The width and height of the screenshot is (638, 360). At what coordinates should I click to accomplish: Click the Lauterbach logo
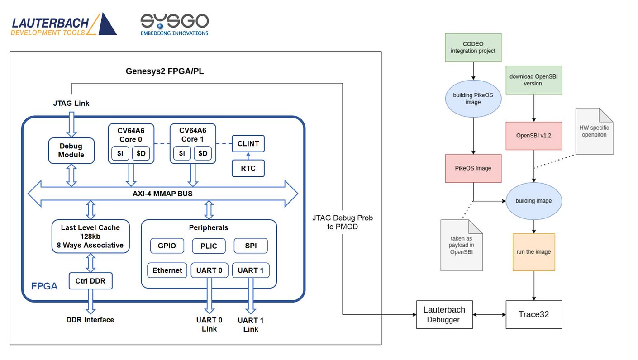click(x=63, y=24)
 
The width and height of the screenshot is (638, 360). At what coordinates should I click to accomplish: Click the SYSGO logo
click(x=174, y=24)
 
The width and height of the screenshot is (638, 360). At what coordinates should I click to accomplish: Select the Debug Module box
click(x=71, y=151)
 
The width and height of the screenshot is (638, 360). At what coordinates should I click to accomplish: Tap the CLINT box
click(x=248, y=144)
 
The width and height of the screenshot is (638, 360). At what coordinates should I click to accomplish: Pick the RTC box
click(x=248, y=168)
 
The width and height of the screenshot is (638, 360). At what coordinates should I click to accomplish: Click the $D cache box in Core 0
click(x=141, y=154)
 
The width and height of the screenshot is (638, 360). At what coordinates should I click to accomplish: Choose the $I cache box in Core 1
click(x=181, y=154)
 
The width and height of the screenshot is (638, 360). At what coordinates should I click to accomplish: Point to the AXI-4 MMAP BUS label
click(x=162, y=194)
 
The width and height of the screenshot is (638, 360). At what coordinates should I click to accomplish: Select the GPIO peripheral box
click(x=167, y=246)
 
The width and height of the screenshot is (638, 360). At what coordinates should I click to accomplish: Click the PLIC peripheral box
click(x=209, y=246)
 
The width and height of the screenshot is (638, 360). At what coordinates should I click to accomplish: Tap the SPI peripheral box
click(x=251, y=246)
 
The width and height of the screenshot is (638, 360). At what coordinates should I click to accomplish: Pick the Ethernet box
click(x=167, y=270)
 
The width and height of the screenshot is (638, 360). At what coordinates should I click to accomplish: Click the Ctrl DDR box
click(x=90, y=281)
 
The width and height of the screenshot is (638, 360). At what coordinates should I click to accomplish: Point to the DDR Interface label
click(x=90, y=320)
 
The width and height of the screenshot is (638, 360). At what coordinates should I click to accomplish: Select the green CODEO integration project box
click(x=473, y=47)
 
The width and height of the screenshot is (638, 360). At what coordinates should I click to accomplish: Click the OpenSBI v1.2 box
click(x=533, y=136)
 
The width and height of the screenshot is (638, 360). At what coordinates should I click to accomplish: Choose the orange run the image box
click(x=533, y=252)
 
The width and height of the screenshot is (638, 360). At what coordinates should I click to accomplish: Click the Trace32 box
click(x=533, y=314)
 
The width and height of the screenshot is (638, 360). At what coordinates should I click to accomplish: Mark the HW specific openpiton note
click(x=594, y=132)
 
